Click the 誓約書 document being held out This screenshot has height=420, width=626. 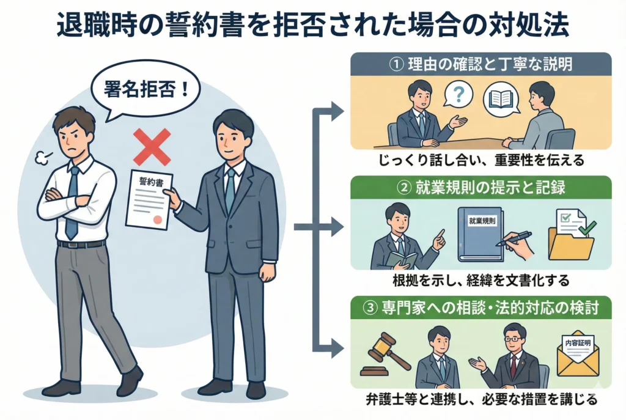[149, 199]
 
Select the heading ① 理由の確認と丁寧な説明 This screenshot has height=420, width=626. [481, 64]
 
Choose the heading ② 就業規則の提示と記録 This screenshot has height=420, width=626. [481, 188]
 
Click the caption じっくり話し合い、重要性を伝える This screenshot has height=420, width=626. [481, 161]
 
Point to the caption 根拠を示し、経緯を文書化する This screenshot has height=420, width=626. [481, 282]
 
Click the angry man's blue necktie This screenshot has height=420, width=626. [72, 202]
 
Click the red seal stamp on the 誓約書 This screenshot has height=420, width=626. [158, 218]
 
